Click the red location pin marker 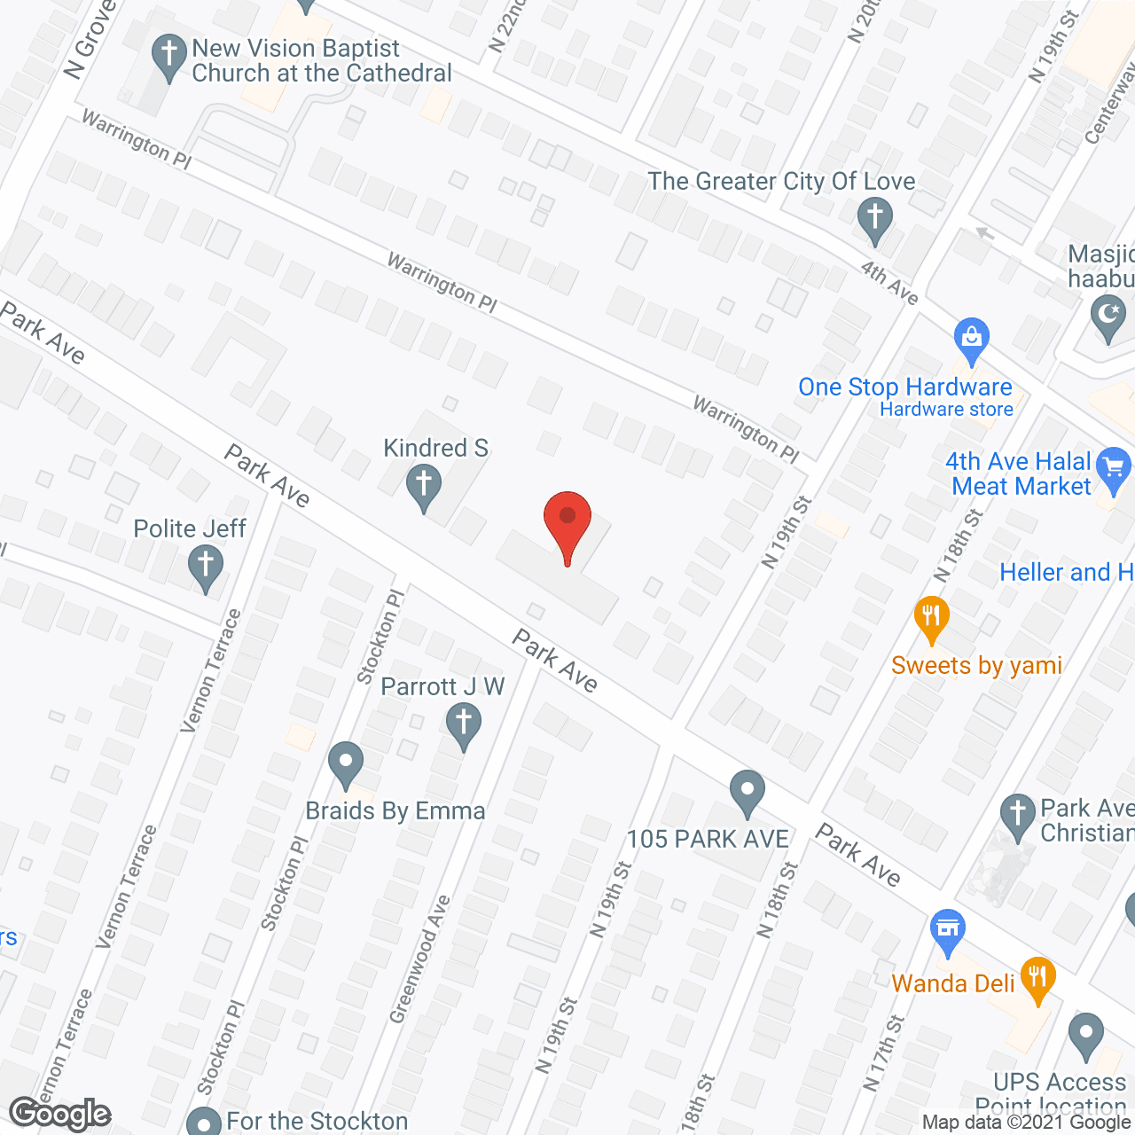coord(567,523)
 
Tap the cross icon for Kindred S coord(424,487)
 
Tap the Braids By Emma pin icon coord(346,763)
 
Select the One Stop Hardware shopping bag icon coord(972,339)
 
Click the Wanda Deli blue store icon coord(948,931)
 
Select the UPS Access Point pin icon coord(1085,1035)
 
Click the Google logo coord(60,1114)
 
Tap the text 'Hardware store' coord(946,410)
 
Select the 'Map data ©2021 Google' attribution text coord(1027,1123)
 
